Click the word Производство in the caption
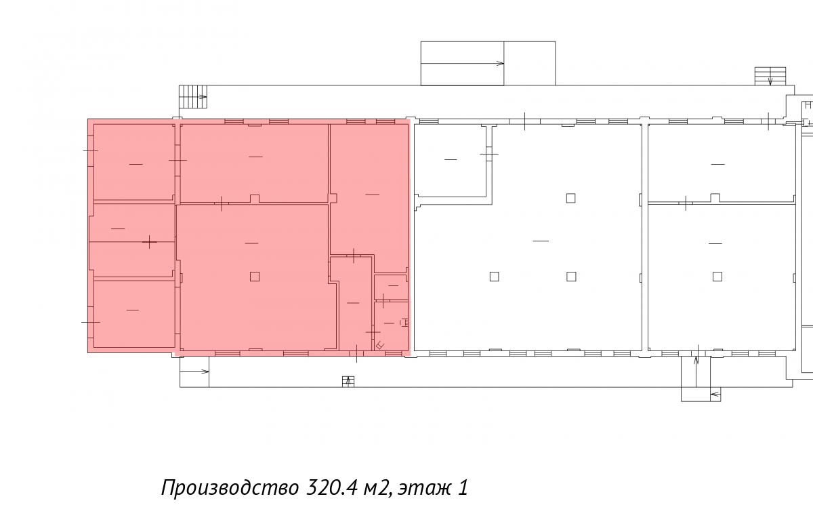[230, 488]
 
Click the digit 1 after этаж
[463, 487]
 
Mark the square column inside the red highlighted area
[255, 277]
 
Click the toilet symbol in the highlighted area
[404, 323]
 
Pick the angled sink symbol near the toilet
[380, 345]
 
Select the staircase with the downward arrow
[770, 76]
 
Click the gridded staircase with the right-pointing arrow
[193, 96]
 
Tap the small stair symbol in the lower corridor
[348, 382]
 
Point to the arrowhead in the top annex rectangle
[500, 64]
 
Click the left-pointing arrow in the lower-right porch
[715, 395]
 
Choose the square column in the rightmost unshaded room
[717, 277]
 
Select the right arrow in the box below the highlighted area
[194, 371]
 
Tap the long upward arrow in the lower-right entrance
[696, 371]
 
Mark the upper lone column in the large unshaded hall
[570, 198]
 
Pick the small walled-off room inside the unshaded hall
[451, 161]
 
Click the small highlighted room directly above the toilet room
[391, 287]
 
